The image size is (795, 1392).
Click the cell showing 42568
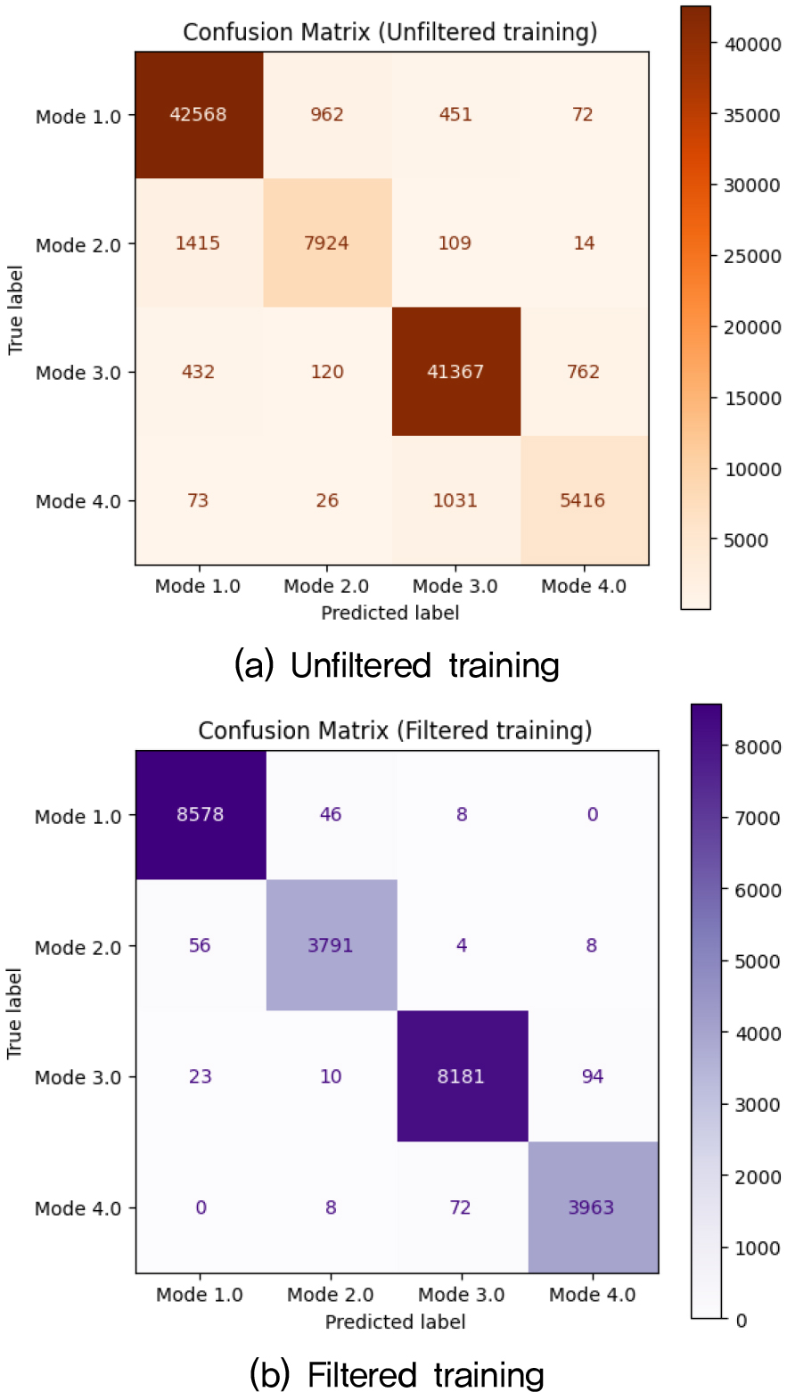(x=198, y=115)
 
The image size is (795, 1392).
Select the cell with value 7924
(x=326, y=243)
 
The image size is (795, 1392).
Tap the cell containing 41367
(x=455, y=372)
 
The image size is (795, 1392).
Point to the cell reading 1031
(x=455, y=500)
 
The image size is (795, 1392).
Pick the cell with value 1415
(x=198, y=243)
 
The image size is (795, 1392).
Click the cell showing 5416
(x=583, y=500)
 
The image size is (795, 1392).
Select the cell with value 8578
(x=200, y=815)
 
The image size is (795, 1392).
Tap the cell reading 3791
(x=331, y=945)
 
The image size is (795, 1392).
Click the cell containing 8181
(x=462, y=1076)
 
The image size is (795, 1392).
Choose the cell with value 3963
(x=592, y=1207)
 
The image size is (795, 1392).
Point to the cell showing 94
(x=592, y=1076)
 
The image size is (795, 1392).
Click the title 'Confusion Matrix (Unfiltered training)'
(x=389, y=32)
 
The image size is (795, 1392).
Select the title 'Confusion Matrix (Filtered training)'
(x=395, y=731)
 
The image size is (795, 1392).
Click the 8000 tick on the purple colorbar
(x=754, y=746)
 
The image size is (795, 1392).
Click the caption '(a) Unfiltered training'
(x=397, y=665)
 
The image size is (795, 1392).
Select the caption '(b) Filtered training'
(x=397, y=1373)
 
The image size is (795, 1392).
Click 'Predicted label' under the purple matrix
(x=395, y=1321)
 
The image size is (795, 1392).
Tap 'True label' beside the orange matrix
(x=15, y=308)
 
